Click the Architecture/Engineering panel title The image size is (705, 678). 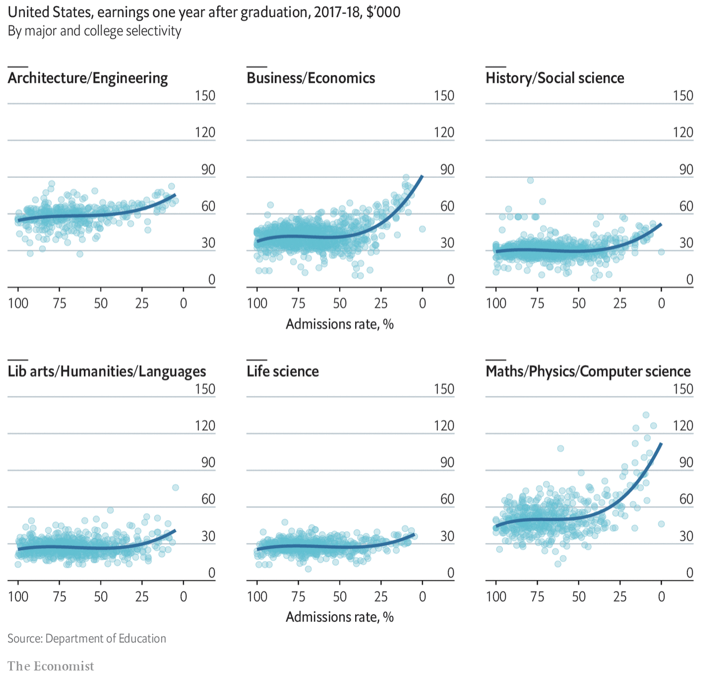tap(88, 78)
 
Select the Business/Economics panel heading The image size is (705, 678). tap(311, 78)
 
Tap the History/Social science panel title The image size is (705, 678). tap(555, 78)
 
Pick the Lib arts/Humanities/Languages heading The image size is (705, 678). tap(106, 372)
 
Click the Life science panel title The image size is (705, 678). tap(283, 372)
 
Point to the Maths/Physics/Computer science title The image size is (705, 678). tap(588, 372)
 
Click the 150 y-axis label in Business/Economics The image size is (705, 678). tap(444, 96)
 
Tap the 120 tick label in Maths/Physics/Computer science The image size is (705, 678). tap(683, 426)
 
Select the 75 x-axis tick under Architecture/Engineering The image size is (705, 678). tap(59, 304)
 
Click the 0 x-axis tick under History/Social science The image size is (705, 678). tap(661, 304)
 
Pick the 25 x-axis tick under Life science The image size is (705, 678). tap(381, 597)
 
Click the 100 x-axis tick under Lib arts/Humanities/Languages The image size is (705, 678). tap(18, 597)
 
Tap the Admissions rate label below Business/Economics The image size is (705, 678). tap(340, 324)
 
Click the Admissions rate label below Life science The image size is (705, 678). tap(340, 617)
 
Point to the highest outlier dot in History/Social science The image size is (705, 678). tap(530, 180)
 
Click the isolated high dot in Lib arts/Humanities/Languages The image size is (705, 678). tap(175, 487)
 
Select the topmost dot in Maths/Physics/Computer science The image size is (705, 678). tap(646, 415)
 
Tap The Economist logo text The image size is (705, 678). tap(51, 666)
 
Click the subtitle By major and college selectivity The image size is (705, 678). tap(95, 31)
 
